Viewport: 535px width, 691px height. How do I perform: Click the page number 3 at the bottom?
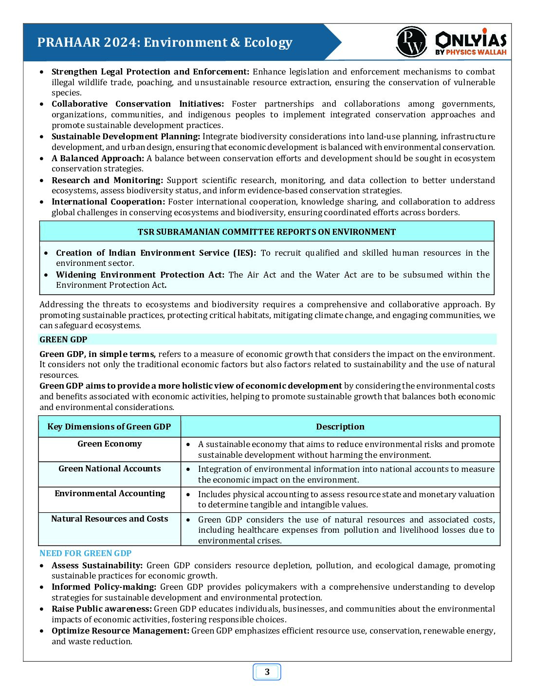[x=267, y=672]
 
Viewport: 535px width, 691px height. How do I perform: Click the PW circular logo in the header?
[x=411, y=42]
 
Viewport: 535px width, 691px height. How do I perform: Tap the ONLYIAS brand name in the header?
[x=471, y=39]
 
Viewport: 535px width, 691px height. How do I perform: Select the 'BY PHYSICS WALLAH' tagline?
[x=471, y=52]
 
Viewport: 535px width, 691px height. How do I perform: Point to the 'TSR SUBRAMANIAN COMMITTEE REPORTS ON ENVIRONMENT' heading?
[x=266, y=232]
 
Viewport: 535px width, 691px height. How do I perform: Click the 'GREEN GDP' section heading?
[x=63, y=339]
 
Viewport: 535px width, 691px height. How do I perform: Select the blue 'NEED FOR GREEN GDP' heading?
[x=85, y=553]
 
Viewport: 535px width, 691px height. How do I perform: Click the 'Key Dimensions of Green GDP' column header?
[x=109, y=427]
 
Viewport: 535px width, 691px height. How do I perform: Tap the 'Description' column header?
[x=340, y=427]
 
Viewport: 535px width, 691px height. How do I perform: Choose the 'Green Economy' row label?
[x=110, y=444]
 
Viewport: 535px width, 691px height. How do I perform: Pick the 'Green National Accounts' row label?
[x=110, y=468]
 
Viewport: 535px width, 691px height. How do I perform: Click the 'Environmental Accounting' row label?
[x=110, y=493]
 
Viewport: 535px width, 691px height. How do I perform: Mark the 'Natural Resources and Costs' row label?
[x=110, y=519]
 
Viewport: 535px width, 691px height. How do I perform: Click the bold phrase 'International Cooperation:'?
[x=108, y=202]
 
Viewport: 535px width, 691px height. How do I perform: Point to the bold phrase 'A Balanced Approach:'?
[x=98, y=158]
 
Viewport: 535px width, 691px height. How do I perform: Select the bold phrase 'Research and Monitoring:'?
[x=107, y=180]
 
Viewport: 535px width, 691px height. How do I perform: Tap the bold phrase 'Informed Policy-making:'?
[x=104, y=587]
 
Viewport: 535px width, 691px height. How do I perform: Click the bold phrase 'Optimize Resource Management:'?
[x=120, y=631]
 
